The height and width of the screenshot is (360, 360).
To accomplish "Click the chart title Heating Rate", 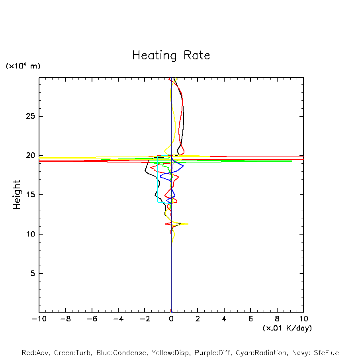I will pyautogui.click(x=171, y=55).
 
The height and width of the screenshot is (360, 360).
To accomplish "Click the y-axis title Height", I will pyautogui.click(x=17, y=195).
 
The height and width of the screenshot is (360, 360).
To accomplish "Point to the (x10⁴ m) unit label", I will pyautogui.click(x=23, y=66).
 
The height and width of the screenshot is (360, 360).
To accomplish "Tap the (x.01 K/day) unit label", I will pyautogui.click(x=287, y=328).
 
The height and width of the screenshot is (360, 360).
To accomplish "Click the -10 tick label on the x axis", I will pyautogui.click(x=39, y=319).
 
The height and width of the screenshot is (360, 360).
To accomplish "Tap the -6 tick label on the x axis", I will pyautogui.click(x=92, y=319).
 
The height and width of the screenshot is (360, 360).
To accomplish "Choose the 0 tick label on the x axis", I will pyautogui.click(x=171, y=319).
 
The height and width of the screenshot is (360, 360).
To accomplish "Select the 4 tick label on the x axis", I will pyautogui.click(x=224, y=319).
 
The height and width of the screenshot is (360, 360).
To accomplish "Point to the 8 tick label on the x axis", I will pyautogui.click(x=277, y=319).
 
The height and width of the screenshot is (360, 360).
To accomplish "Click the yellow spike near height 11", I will pyautogui.click(x=186, y=224).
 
